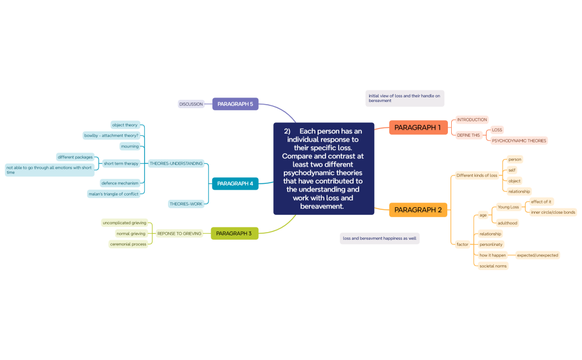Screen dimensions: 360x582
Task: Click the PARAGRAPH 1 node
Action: pyautogui.click(x=418, y=127)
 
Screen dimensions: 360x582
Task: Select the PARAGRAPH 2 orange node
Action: pyautogui.click(x=418, y=210)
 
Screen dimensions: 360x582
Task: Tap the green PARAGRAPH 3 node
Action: pyautogui.click(x=234, y=233)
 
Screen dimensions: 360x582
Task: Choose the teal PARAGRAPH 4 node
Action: pyautogui.click(x=235, y=183)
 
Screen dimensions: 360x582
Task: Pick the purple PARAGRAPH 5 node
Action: pyautogui.click(x=235, y=104)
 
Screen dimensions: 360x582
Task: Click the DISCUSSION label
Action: pyautogui.click(x=191, y=104)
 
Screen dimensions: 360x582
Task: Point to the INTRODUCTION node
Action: pyautogui.click(x=472, y=120)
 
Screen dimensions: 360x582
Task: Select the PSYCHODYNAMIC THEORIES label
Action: pyautogui.click(x=519, y=141)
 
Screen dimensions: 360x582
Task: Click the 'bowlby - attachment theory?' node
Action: pyautogui.click(x=111, y=135)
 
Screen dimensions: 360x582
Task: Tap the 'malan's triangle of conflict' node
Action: pyautogui.click(x=114, y=194)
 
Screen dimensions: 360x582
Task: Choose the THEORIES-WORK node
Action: pyautogui.click(x=186, y=204)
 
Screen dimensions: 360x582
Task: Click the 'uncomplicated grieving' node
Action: pyautogui.click(x=124, y=223)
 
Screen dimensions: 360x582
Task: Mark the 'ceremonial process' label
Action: pyautogui.click(x=128, y=244)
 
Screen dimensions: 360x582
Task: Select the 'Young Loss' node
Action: pyautogui.click(x=508, y=207)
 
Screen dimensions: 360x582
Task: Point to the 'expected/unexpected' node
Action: pyautogui.click(x=537, y=255)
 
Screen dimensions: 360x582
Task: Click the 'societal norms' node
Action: pyautogui.click(x=493, y=266)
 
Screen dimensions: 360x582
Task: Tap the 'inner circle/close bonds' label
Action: pyautogui.click(x=553, y=212)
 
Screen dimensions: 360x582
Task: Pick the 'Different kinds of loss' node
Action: pyautogui.click(x=477, y=176)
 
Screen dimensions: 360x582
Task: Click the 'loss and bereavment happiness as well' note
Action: pyautogui.click(x=380, y=238)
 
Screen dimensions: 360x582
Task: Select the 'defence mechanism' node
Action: pyautogui.click(x=120, y=183)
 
